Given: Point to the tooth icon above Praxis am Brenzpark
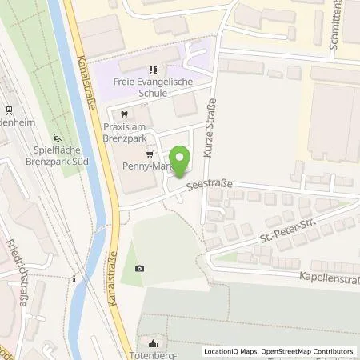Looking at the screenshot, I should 125,114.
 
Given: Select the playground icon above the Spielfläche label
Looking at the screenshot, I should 55,137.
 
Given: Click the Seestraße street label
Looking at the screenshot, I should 210,186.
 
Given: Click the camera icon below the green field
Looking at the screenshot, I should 140,268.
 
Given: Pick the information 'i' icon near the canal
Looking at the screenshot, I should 74,279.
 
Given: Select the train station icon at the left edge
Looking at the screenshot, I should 8,110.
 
